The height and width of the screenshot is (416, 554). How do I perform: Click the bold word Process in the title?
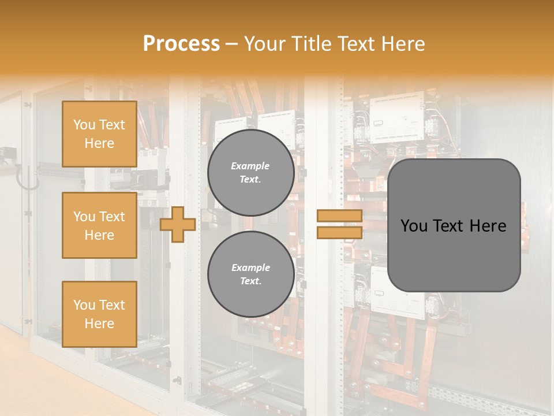tap(181, 44)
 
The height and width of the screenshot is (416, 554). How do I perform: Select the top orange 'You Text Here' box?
tap(99, 134)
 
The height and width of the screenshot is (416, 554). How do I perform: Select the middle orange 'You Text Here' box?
tap(99, 225)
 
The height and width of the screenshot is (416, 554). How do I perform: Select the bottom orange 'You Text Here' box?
tap(99, 314)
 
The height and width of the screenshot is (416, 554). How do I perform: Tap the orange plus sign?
tap(177, 224)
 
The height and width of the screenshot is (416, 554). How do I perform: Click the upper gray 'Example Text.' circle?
tap(250, 173)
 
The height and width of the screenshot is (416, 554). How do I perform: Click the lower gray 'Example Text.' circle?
tap(250, 274)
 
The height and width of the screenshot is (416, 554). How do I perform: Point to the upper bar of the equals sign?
tap(339, 216)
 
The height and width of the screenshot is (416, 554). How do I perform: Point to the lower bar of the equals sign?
tap(339, 233)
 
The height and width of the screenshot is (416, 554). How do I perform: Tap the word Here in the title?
tap(403, 44)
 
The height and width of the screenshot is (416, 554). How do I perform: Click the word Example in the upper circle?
tap(250, 166)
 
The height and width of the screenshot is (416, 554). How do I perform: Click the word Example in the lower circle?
tap(250, 268)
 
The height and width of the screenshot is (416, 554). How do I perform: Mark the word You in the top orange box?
tap(84, 125)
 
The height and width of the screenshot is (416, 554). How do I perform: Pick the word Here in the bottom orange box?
tap(99, 324)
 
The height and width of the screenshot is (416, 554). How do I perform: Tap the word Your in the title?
tap(264, 44)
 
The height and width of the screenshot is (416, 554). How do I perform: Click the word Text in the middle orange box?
tap(112, 217)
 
